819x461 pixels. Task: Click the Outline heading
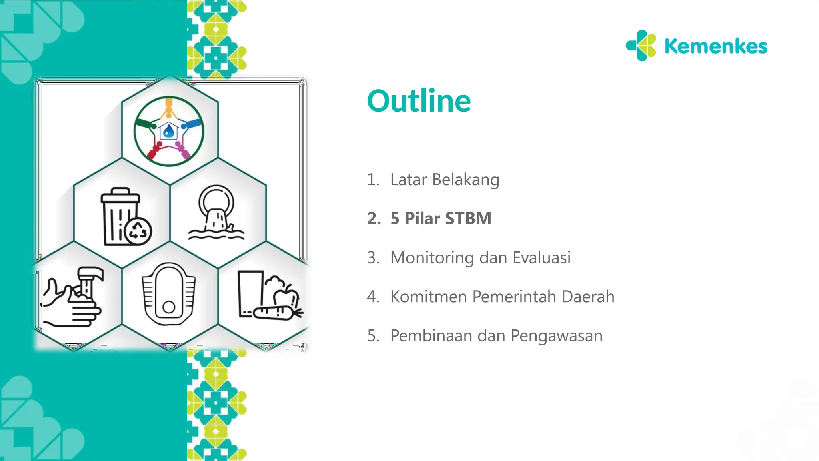click(x=419, y=101)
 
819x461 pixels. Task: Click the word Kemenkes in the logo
click(x=715, y=46)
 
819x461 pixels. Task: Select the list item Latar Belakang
click(x=444, y=180)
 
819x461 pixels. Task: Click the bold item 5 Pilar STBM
click(x=440, y=218)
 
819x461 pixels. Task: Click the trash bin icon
click(x=119, y=216)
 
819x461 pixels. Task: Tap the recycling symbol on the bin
click(x=138, y=231)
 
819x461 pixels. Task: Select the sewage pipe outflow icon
click(x=216, y=212)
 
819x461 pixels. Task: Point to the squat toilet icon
click(x=169, y=294)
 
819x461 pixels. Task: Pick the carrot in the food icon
click(x=276, y=312)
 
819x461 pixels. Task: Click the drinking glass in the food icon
click(x=250, y=293)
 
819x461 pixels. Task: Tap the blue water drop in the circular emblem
click(x=169, y=130)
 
